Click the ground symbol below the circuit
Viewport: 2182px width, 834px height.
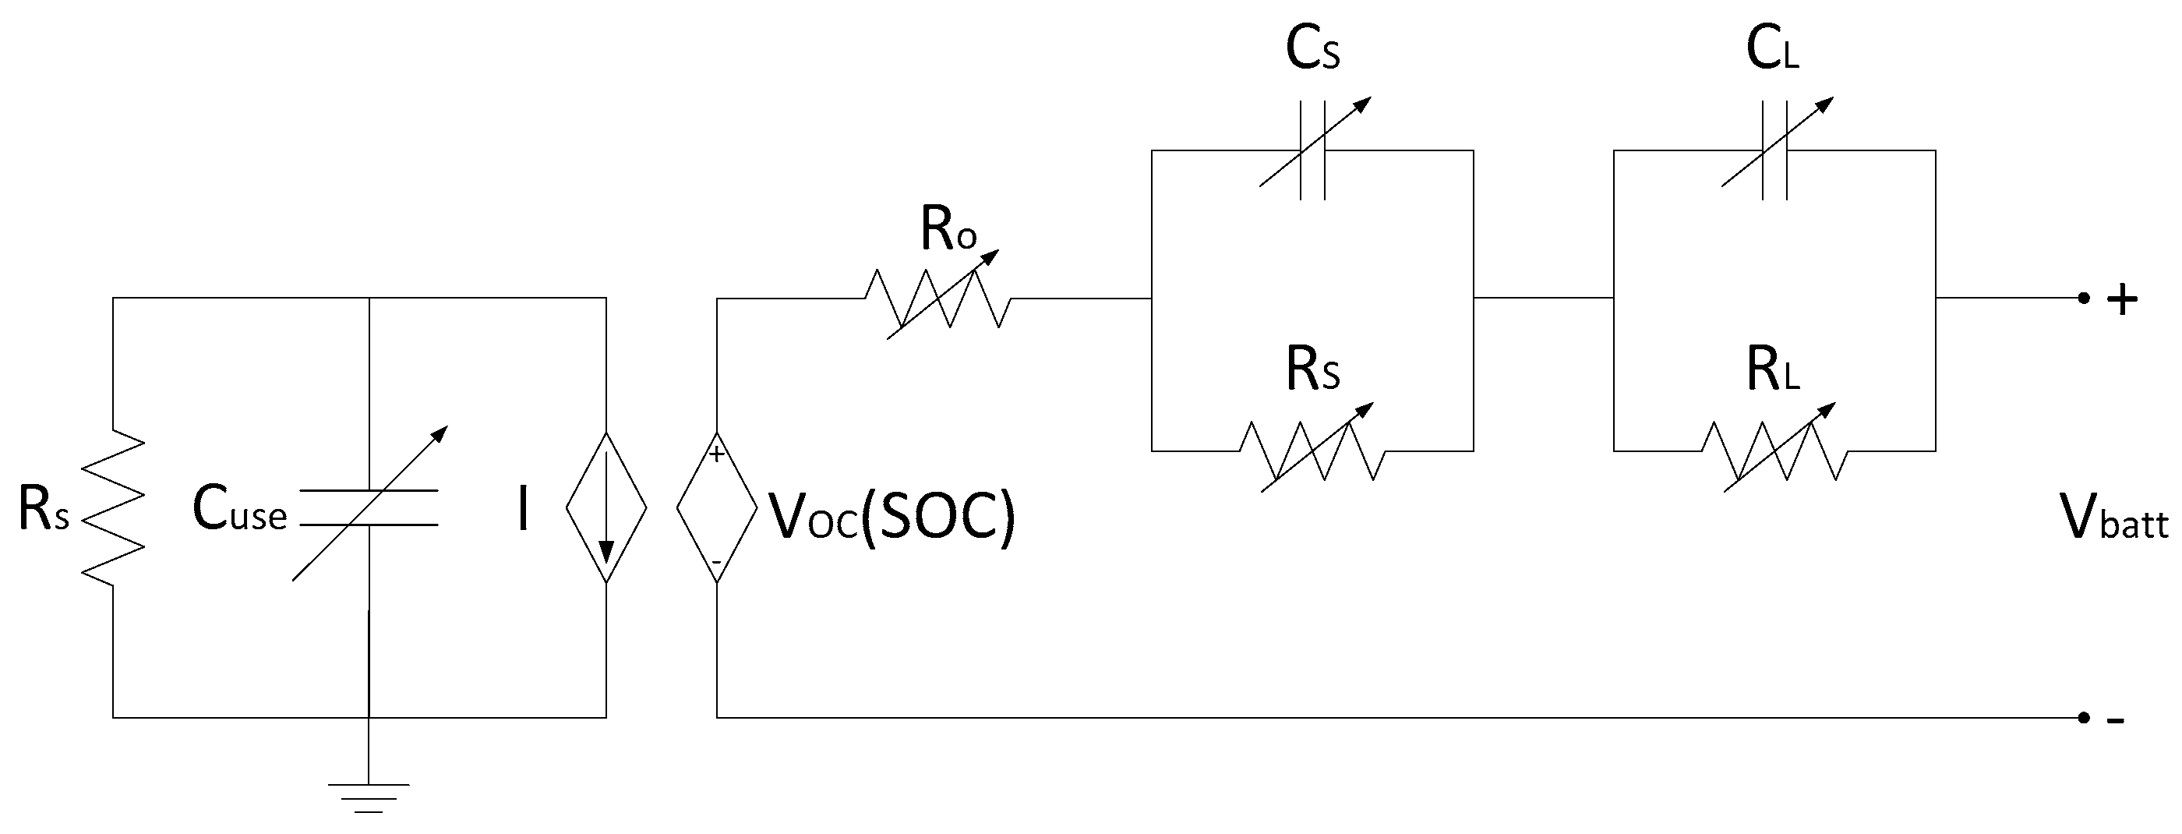pos(369,797)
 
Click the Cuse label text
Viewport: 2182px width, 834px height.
pos(240,511)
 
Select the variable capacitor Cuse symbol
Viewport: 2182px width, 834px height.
pos(369,507)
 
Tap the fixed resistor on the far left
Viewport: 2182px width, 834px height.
pos(113,507)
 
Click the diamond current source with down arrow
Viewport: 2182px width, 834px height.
pos(606,507)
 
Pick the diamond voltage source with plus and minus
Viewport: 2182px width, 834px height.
pos(717,507)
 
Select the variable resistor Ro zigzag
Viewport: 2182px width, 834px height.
pos(937,299)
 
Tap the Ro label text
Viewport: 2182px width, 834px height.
pos(948,230)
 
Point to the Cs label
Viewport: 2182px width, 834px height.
pos(1312,49)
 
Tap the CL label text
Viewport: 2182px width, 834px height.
pos(1772,49)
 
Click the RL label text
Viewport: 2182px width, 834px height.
pos(1772,370)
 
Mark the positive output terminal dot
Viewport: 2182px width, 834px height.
pos(2083,299)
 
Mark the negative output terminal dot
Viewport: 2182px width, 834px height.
pos(2083,718)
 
